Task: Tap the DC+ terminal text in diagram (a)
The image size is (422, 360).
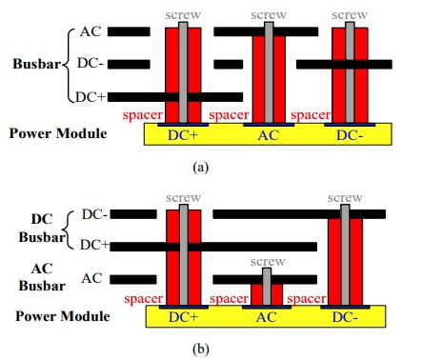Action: (185, 135)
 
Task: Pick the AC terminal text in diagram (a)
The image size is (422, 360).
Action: (268, 135)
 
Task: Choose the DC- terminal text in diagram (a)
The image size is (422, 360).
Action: (351, 135)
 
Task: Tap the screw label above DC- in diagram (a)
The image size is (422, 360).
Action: (351, 14)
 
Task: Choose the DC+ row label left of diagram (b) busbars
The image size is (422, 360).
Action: (92, 246)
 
